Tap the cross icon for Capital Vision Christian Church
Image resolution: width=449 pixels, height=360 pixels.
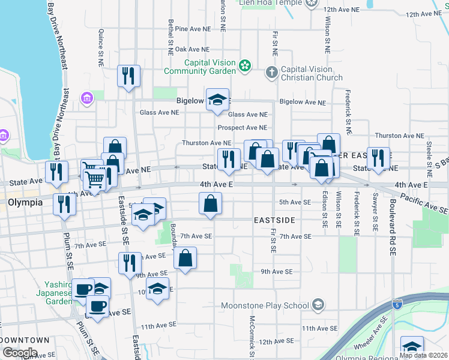click(271, 73)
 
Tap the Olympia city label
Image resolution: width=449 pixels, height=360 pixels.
click(25, 202)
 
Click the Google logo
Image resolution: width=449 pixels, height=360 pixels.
click(20, 353)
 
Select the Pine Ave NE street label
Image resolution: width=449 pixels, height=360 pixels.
click(193, 29)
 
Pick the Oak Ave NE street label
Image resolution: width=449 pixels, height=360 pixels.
click(191, 49)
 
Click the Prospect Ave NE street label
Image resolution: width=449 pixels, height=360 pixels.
click(243, 128)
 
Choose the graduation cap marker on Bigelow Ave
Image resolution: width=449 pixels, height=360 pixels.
click(217, 99)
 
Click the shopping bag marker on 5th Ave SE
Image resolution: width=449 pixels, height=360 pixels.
click(210, 203)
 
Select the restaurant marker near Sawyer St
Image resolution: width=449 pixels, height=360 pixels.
click(378, 158)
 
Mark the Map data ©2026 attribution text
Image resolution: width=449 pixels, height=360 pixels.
click(423, 355)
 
